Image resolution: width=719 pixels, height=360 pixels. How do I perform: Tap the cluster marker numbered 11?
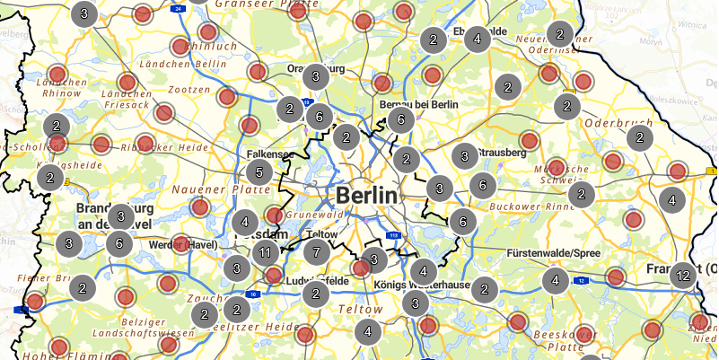(x=266, y=252)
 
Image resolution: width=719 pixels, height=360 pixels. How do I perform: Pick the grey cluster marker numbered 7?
(x=315, y=251)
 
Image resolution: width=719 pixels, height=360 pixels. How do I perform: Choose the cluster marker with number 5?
(x=259, y=172)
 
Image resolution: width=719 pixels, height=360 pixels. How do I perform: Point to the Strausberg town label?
(x=502, y=154)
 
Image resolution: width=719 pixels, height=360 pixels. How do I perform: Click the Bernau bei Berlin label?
(x=419, y=105)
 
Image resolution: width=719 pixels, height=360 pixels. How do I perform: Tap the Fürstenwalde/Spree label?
(x=553, y=254)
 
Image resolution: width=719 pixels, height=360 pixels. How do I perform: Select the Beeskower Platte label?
(x=559, y=339)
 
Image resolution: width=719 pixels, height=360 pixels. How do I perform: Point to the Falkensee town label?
(x=269, y=154)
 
